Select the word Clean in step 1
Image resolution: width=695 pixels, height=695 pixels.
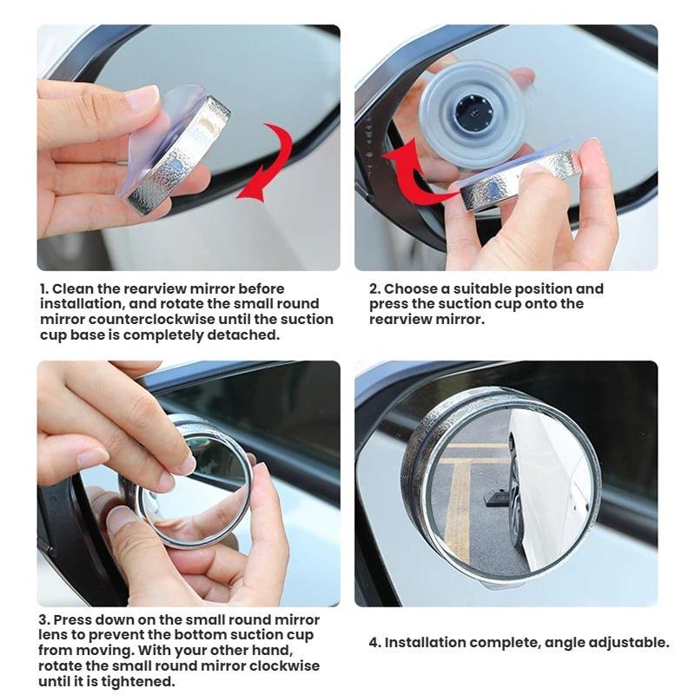[73, 288]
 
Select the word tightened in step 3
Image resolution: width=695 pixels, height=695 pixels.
[137, 681]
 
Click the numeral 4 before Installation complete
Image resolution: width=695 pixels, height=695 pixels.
[374, 642]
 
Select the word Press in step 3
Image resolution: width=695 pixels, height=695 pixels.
[72, 619]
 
